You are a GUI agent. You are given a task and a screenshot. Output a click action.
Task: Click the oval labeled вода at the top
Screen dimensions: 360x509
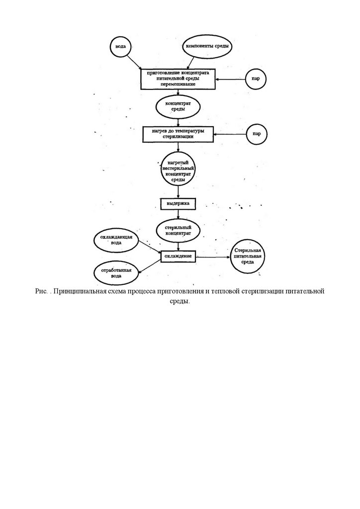click(x=120, y=47)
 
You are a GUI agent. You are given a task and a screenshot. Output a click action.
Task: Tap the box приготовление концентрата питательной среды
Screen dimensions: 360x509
click(x=178, y=79)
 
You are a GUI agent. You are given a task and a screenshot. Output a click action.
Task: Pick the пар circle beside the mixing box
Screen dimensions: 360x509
click(x=257, y=79)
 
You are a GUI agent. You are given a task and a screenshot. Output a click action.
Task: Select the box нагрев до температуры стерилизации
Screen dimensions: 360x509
click(x=178, y=133)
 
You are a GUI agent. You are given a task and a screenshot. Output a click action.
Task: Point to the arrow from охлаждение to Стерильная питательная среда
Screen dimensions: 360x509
click(x=212, y=256)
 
